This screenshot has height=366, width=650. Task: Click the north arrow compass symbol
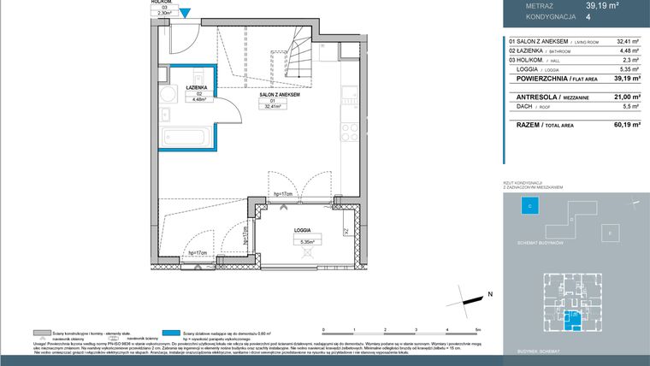[472, 298]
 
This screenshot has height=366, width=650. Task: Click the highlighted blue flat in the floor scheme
[576, 319]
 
